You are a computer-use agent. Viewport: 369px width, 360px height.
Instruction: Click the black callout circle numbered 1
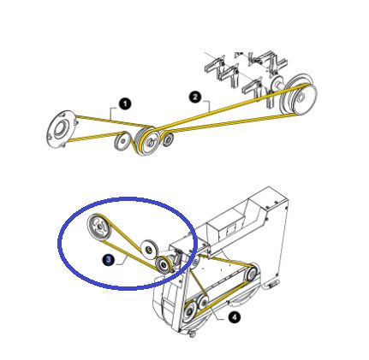point(126,103)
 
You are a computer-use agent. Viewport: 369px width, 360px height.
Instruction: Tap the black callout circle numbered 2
point(195,97)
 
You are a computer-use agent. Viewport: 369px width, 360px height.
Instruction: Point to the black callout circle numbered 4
point(235,317)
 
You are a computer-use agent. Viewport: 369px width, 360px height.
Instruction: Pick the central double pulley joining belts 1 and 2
point(147,139)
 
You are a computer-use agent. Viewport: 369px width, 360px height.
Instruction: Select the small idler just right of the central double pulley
point(167,137)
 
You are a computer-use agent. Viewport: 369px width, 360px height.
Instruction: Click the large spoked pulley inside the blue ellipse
point(100,228)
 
